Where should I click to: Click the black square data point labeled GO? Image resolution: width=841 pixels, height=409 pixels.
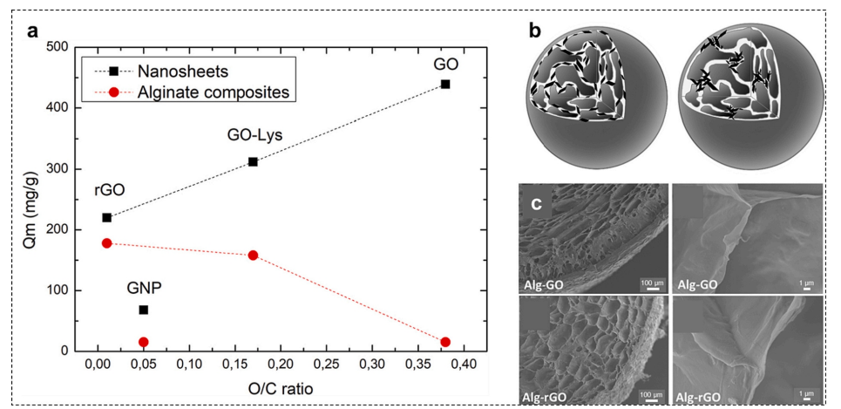click(445, 84)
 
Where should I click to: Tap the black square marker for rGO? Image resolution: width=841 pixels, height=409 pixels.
click(107, 217)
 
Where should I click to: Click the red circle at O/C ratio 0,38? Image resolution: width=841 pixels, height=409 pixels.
click(445, 342)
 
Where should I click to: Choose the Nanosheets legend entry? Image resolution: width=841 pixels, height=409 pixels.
click(153, 68)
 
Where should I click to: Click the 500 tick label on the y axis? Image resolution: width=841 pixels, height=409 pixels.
click(58, 47)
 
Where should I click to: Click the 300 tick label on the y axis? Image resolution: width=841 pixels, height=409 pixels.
click(58, 169)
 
